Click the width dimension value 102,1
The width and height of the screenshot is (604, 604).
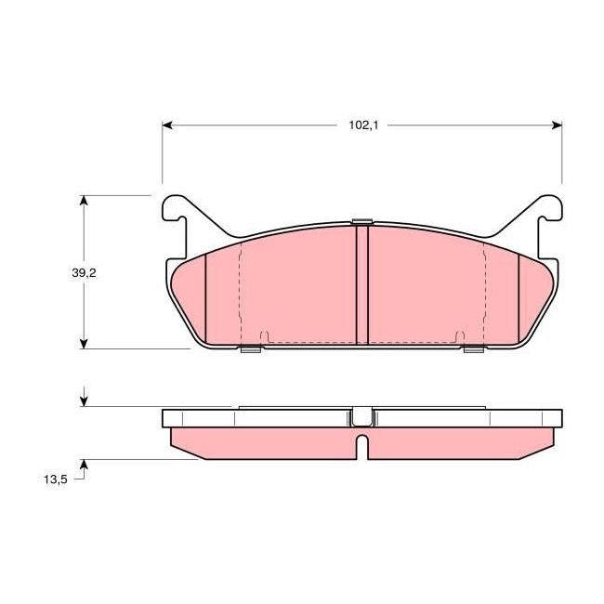tap(362, 124)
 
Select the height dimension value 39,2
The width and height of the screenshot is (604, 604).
tap(84, 272)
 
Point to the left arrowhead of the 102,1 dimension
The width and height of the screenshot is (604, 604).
tap(168, 124)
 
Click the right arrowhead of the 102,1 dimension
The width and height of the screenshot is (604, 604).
tap(558, 124)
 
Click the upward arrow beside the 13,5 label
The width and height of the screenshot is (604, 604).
tap(85, 464)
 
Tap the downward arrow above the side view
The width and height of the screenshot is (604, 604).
tap(85, 400)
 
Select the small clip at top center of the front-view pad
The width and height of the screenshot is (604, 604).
tap(362, 221)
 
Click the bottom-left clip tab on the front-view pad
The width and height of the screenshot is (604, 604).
tap(249, 349)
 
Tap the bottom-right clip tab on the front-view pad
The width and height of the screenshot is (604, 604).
tap(473, 349)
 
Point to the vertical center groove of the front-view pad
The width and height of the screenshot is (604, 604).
tap(362, 283)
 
